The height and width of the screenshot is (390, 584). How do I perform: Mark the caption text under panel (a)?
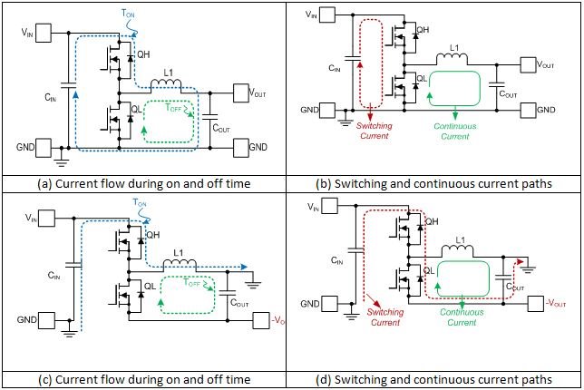click(x=145, y=184)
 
